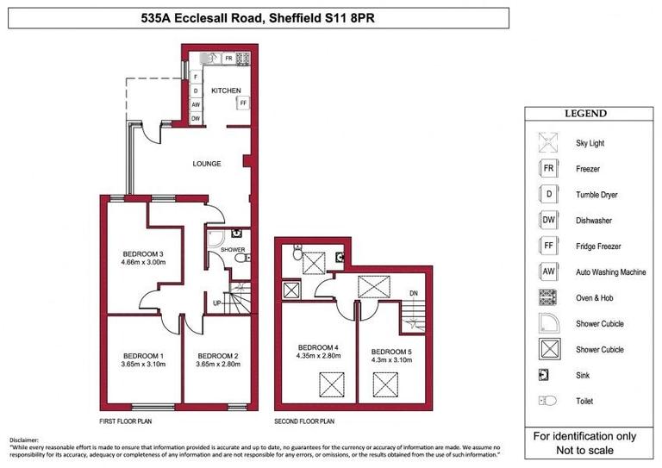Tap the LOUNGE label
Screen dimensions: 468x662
(x=207, y=164)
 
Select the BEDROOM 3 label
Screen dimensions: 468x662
(x=143, y=253)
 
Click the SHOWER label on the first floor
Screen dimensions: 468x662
(x=233, y=250)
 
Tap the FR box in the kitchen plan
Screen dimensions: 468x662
(x=228, y=59)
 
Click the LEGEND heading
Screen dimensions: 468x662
(x=585, y=114)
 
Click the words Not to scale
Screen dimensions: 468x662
(x=586, y=449)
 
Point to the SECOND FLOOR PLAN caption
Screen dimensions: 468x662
(x=304, y=422)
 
